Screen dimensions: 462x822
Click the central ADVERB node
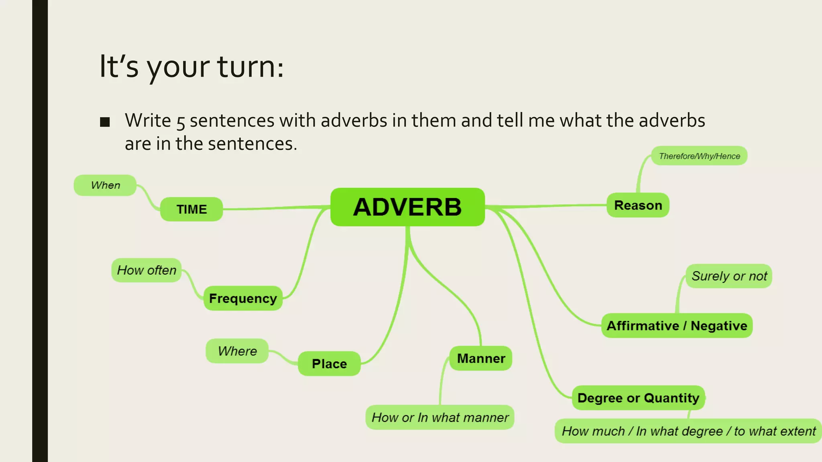click(407, 207)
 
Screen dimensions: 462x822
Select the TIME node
click(191, 209)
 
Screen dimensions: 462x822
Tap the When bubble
click(105, 185)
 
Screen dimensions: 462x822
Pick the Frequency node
click(243, 298)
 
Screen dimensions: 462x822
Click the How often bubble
click(146, 270)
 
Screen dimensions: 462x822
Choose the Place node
click(329, 364)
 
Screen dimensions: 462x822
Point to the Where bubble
click(237, 351)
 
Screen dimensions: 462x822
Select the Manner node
click(481, 358)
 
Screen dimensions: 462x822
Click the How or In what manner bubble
click(440, 417)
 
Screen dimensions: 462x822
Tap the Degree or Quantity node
click(638, 398)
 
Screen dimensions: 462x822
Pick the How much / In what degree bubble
click(688, 431)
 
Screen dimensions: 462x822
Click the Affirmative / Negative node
click(677, 326)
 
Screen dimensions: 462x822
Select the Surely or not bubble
click(729, 276)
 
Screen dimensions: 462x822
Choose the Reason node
click(638, 205)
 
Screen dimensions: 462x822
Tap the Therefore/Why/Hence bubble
click(699, 156)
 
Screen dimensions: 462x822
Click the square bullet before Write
click(105, 122)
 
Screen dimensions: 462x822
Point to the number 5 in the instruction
click(181, 122)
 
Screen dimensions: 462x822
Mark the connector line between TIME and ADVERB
click(277, 207)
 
